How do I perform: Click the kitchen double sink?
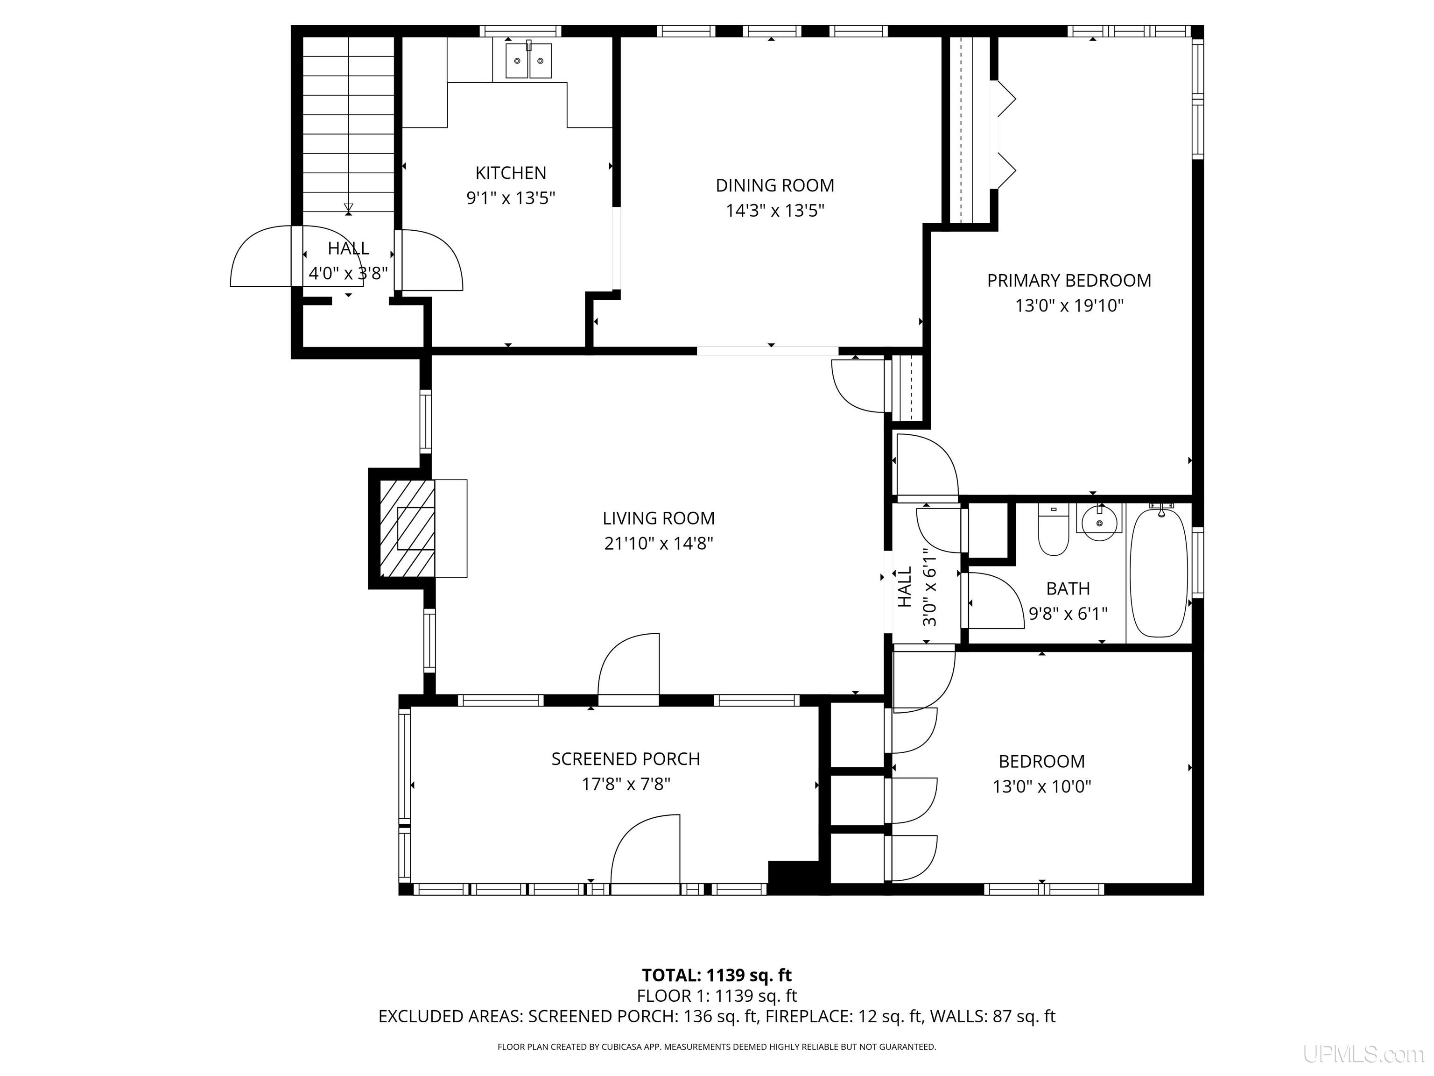528,61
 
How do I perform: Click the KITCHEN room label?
511,173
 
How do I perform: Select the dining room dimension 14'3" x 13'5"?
775,211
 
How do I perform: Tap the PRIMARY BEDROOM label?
1069,280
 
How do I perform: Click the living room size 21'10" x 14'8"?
659,544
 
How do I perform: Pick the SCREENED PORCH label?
626,759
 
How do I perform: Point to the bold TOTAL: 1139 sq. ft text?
717,976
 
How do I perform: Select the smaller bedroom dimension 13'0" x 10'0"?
1042,787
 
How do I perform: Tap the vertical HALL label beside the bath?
905,588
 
